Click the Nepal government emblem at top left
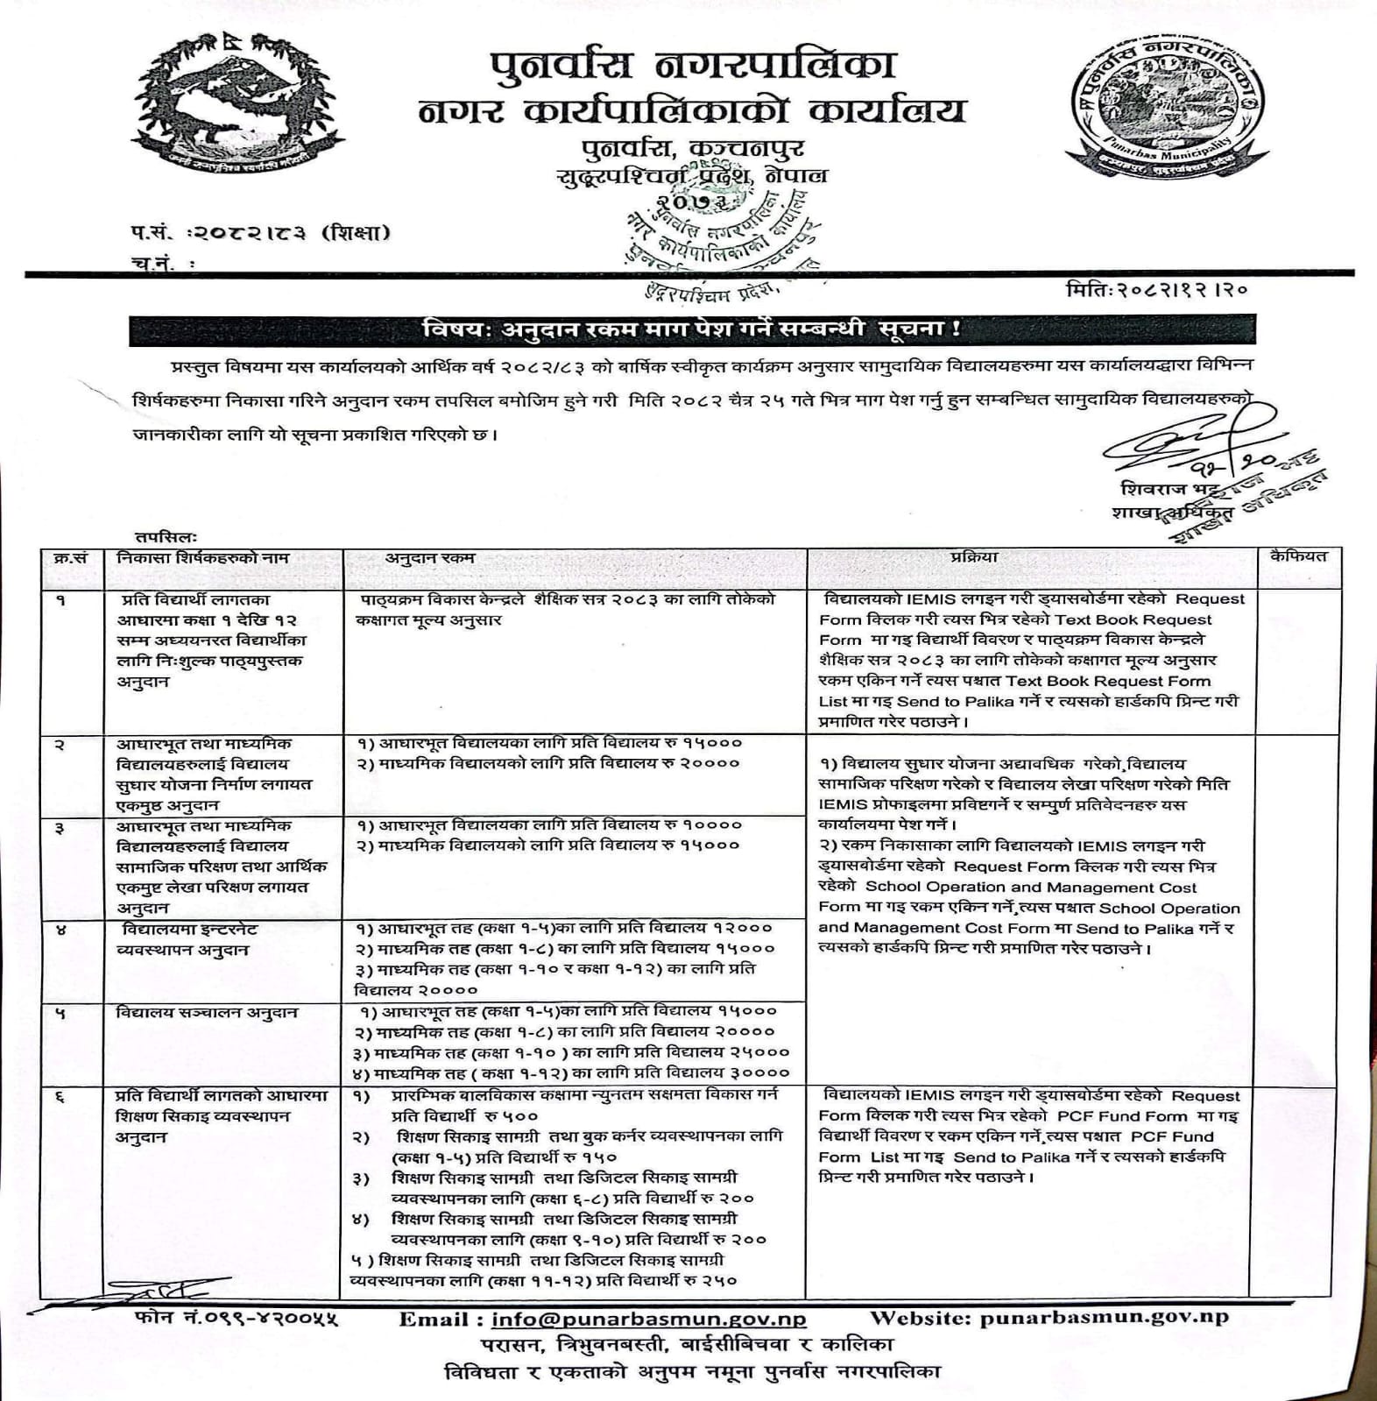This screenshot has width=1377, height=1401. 237,98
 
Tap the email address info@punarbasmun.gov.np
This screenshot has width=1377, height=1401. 648,1319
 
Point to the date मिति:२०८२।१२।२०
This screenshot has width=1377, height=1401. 1156,289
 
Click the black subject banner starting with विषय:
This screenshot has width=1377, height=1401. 691,331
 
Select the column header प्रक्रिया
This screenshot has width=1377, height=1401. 973,557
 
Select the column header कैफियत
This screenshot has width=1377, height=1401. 1299,556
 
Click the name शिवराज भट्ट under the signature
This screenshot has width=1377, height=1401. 1162,488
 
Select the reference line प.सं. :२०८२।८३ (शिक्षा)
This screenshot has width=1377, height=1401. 257,233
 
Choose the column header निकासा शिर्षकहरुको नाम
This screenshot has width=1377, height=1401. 203,558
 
